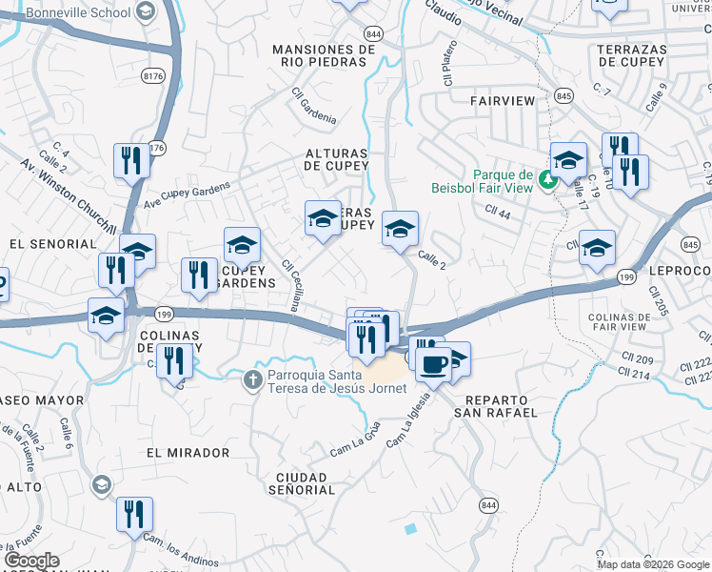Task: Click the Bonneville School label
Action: click(x=78, y=12)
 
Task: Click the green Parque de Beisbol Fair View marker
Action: click(x=547, y=178)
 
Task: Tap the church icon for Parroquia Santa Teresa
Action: click(x=253, y=380)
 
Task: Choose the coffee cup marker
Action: click(x=433, y=362)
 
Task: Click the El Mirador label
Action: click(x=188, y=452)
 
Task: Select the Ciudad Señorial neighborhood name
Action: click(x=305, y=483)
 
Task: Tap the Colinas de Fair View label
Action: click(x=618, y=321)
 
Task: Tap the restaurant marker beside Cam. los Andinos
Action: click(x=134, y=515)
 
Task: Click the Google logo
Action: click(x=31, y=562)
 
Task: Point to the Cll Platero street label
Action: click(x=450, y=64)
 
